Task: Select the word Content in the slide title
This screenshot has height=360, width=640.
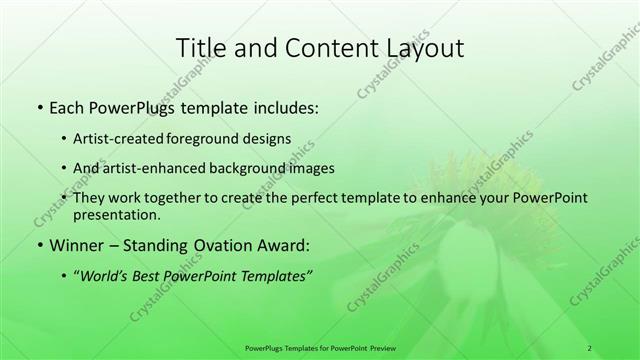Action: (x=323, y=47)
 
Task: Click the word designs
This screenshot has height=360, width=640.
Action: (x=268, y=139)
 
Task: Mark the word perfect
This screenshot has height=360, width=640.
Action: (x=320, y=197)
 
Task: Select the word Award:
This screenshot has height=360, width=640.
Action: (x=286, y=244)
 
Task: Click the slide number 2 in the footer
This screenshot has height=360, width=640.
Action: (x=590, y=347)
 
